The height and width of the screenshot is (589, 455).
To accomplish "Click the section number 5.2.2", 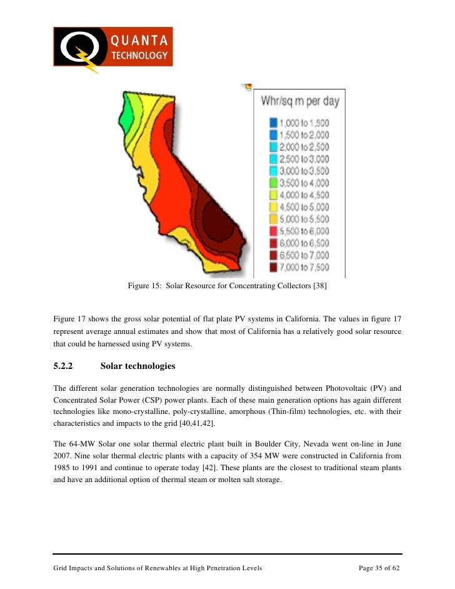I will pyautogui.click(x=64, y=365).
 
